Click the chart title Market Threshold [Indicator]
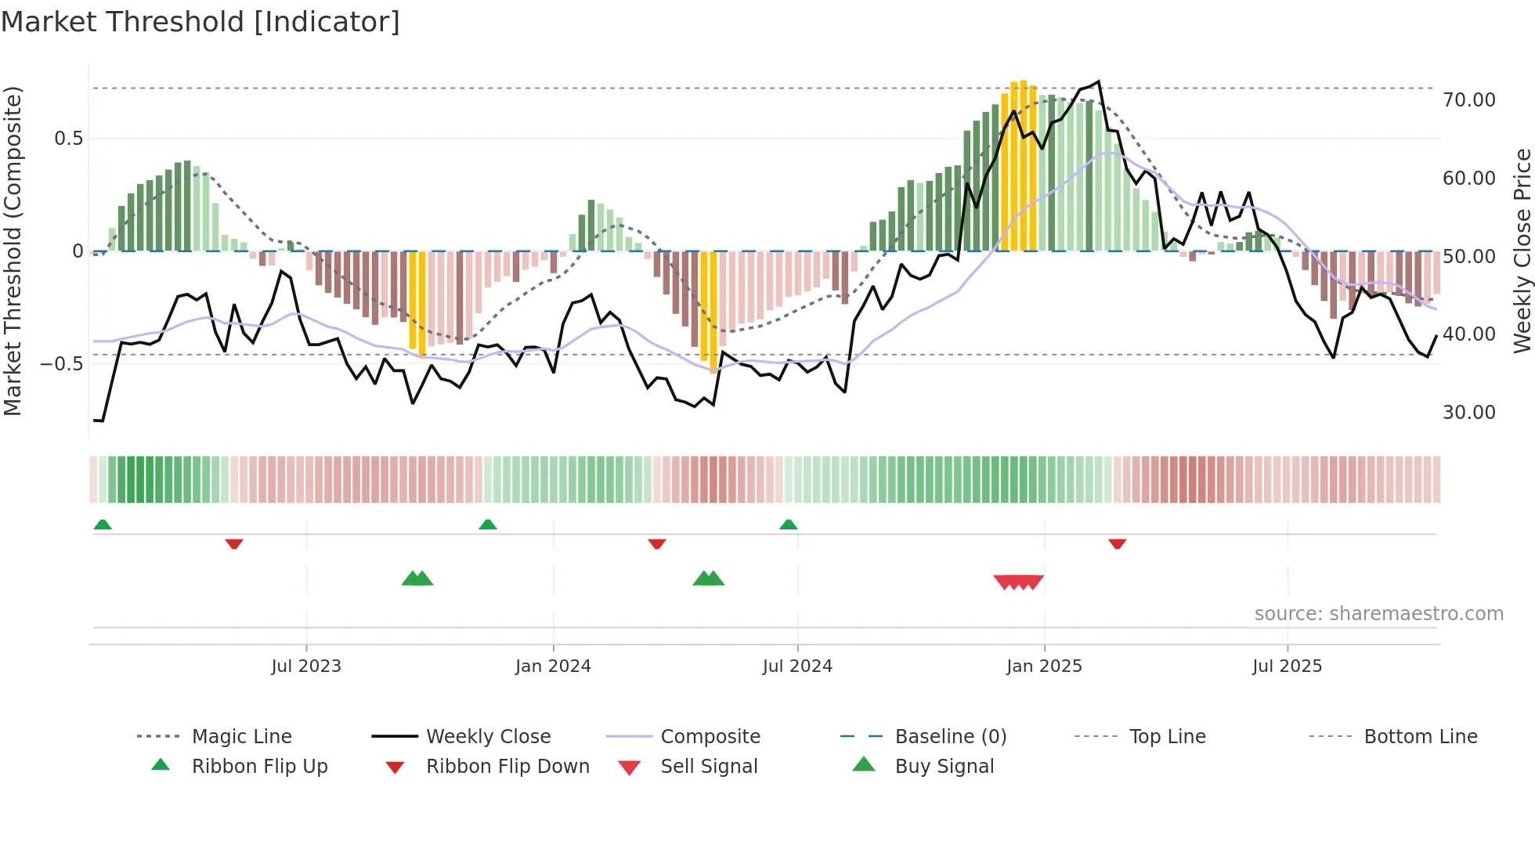(x=200, y=22)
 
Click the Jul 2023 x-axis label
(x=306, y=666)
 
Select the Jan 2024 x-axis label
(x=553, y=666)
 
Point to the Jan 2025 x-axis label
(x=1044, y=666)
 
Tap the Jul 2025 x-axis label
(x=1287, y=666)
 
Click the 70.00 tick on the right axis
(x=1468, y=100)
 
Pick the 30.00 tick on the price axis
(x=1468, y=413)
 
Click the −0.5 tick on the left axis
(x=61, y=364)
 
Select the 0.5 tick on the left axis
(x=68, y=139)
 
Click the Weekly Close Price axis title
(x=1522, y=251)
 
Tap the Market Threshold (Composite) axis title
(x=13, y=251)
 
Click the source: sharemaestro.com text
(x=1378, y=614)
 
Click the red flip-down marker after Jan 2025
(x=1118, y=543)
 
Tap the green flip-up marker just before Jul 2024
(x=789, y=525)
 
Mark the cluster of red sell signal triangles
(x=1018, y=582)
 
